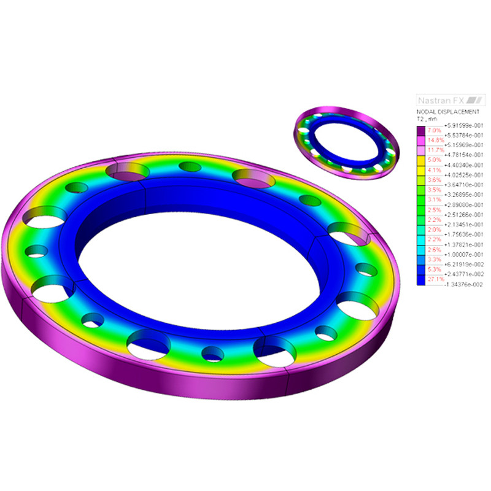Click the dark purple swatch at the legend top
421,130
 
